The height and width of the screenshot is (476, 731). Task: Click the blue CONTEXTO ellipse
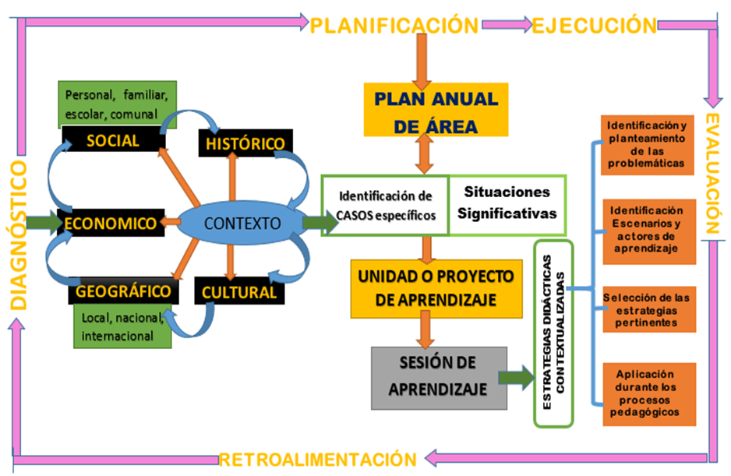click(x=242, y=224)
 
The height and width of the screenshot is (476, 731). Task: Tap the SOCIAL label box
click(x=112, y=141)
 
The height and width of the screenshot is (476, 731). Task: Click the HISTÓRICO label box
click(x=245, y=144)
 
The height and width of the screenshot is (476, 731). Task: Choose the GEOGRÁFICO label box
click(x=122, y=292)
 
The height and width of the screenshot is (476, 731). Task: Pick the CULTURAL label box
click(x=238, y=293)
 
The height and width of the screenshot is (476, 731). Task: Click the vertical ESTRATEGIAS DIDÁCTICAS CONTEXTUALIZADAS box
click(x=553, y=333)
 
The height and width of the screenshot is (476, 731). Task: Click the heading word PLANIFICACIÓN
click(x=394, y=26)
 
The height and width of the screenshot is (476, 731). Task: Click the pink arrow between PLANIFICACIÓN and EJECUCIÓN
click(x=504, y=26)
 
